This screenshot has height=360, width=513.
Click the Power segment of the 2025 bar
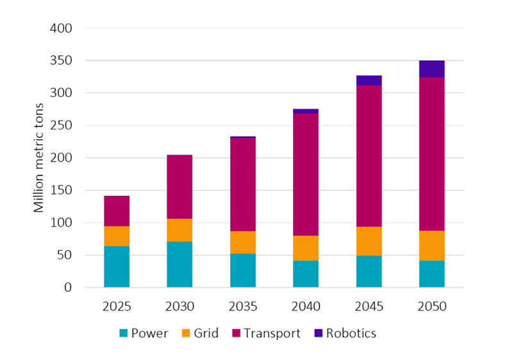(x=117, y=266)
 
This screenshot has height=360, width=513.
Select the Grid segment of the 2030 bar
(x=180, y=230)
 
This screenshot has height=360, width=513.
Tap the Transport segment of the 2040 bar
(x=306, y=175)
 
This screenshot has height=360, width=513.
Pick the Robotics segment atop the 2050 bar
(x=432, y=69)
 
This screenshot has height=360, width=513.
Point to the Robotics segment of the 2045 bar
(x=369, y=80)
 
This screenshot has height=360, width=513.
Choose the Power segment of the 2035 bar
(x=243, y=270)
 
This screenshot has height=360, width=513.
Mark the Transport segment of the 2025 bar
(x=117, y=211)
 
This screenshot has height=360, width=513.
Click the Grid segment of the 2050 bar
(x=432, y=245)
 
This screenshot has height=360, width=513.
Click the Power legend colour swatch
(x=124, y=334)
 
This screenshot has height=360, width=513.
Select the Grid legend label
(x=206, y=334)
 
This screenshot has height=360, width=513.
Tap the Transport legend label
(x=275, y=334)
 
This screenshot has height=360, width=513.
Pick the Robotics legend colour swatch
(x=319, y=334)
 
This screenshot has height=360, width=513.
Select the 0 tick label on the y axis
(x=67, y=287)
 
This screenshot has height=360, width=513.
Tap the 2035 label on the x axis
(x=243, y=307)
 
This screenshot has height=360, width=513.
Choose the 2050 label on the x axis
(x=432, y=307)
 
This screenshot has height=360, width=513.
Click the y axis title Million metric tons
(x=40, y=158)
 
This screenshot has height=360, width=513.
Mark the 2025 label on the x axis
(x=117, y=307)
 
